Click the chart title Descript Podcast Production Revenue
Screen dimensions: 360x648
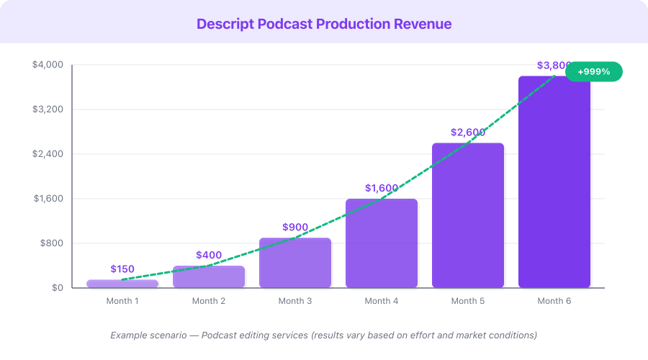coord(324,24)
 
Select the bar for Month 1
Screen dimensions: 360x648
coord(122,284)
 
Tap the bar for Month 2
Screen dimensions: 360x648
coord(209,277)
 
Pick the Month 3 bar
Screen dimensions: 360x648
coord(295,264)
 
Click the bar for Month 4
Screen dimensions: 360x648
coord(382,244)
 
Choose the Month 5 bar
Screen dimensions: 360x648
coord(468,216)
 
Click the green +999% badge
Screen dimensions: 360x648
coord(593,71)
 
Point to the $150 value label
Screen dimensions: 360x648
coord(122,269)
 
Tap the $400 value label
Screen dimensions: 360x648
coord(209,255)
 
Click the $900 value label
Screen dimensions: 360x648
coord(295,227)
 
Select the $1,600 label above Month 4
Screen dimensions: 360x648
coord(382,188)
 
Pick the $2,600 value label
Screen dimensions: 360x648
coord(468,132)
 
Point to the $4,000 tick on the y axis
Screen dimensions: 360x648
coord(48,65)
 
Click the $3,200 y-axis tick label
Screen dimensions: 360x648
coord(48,109)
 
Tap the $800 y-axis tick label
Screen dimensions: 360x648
coord(52,243)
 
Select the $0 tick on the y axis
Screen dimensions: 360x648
coord(57,288)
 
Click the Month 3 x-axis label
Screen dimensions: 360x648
coord(295,301)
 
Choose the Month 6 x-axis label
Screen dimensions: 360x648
coord(554,301)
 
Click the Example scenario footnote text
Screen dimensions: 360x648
coord(324,336)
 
